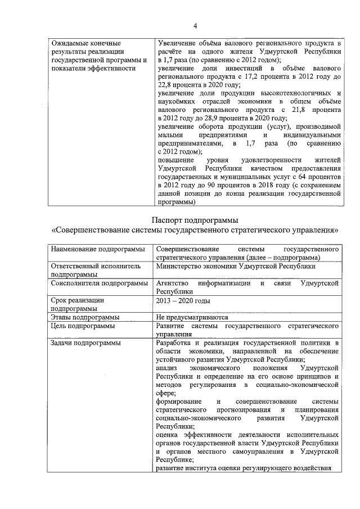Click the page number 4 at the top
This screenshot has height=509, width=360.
[195, 25]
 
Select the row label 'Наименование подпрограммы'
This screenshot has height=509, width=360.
[98, 249]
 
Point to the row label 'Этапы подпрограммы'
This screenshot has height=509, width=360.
[84, 317]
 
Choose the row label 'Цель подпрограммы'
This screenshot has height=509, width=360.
[83, 326]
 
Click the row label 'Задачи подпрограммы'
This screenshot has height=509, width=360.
[85, 342]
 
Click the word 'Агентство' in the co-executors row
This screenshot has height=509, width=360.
[172, 283]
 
